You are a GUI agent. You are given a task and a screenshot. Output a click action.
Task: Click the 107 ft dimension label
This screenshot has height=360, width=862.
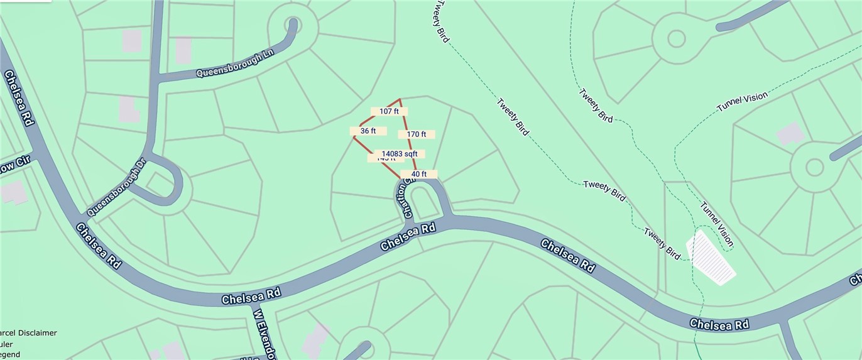(389, 111)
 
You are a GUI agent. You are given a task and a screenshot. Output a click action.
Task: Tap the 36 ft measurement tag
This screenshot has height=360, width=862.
(368, 131)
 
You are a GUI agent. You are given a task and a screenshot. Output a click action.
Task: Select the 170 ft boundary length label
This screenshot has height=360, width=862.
(416, 134)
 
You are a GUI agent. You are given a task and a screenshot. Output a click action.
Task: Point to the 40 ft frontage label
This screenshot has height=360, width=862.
(418, 174)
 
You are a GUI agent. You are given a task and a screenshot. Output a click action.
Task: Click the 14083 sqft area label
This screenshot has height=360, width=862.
(400, 153)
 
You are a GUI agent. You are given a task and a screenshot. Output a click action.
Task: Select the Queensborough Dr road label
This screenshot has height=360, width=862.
(116, 187)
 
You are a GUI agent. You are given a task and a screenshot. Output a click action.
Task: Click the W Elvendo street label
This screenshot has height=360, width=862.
(265, 333)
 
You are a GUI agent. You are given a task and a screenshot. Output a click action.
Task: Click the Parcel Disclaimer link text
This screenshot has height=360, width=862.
(28, 332)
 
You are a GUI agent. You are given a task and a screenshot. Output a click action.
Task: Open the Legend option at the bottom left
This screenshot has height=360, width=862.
(9, 354)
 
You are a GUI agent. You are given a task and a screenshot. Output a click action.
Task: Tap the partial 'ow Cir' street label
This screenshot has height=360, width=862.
(15, 164)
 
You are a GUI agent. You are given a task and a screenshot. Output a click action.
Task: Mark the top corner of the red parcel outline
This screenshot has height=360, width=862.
(400, 99)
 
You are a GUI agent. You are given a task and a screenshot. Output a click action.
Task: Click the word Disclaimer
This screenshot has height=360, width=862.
(36, 332)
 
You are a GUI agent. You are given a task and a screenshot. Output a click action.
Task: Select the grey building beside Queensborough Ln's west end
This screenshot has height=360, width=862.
(183, 50)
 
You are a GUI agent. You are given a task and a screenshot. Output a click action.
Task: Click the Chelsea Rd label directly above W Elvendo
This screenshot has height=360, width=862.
(251, 296)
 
